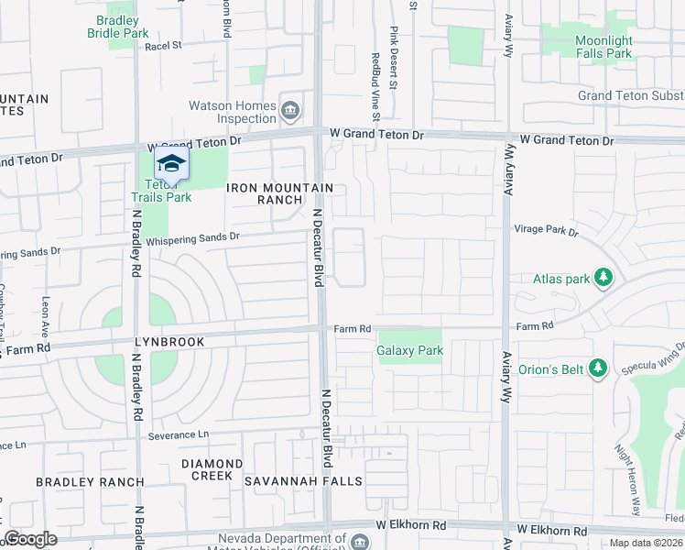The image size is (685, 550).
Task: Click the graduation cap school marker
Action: tap(171, 164)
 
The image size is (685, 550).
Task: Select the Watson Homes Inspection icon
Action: tap(290, 111)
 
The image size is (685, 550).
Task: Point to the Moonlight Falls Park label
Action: tap(603, 47)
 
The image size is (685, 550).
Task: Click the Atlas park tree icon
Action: tap(603, 277)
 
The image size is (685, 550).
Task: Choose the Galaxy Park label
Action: tap(409, 350)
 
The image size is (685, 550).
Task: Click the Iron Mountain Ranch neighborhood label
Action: tap(279, 193)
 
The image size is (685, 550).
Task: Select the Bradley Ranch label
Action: tap(90, 482)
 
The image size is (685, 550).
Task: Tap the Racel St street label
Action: tap(164, 45)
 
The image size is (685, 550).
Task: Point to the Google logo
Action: tap(30, 539)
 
